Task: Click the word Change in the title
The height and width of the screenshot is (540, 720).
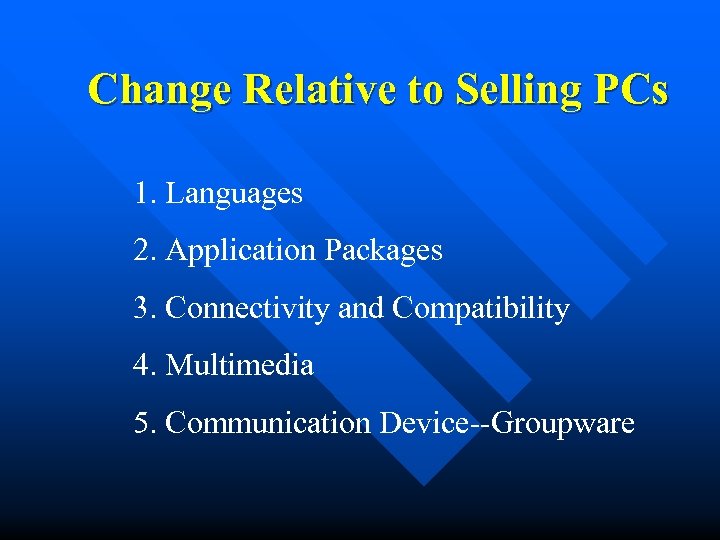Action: [x=161, y=90]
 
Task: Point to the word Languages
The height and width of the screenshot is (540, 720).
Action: [x=234, y=193]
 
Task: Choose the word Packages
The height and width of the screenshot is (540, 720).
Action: [x=383, y=250]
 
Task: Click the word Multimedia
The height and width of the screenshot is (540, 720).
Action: [x=240, y=366]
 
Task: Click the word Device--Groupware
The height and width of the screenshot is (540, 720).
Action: [x=507, y=424]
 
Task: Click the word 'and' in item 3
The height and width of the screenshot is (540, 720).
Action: [x=360, y=309]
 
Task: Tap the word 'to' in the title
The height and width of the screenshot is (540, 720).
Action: [x=425, y=91]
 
